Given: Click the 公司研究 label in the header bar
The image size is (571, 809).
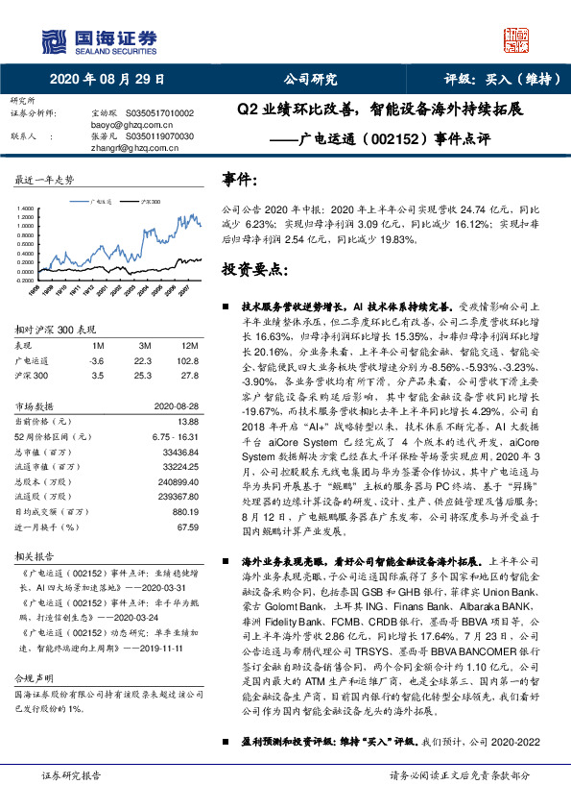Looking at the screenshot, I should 309,79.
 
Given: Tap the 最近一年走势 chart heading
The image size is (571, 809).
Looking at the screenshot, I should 45,180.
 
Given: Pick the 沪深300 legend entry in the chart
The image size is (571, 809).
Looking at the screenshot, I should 151,202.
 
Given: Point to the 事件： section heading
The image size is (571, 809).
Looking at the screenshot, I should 240,180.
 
